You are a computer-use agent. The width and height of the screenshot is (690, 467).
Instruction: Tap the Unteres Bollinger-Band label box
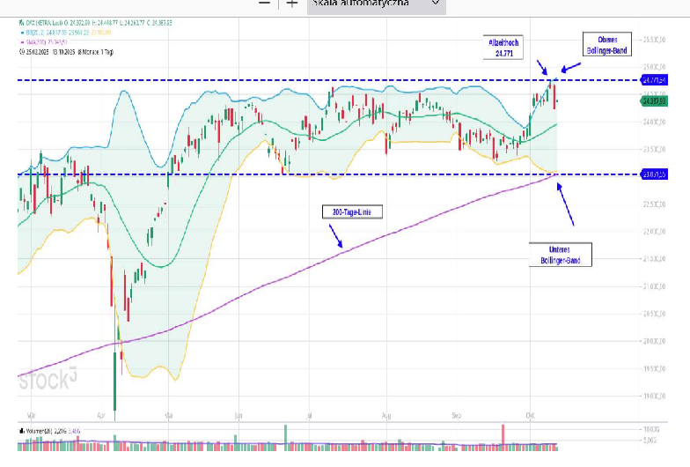(x=561, y=255)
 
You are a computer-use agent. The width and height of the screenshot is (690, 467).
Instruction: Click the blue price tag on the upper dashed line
(x=657, y=80)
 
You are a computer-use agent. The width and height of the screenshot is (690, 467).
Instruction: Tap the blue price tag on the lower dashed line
(x=657, y=174)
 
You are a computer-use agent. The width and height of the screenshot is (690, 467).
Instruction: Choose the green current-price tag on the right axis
(x=657, y=100)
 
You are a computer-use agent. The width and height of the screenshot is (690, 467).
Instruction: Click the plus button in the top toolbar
(x=291, y=4)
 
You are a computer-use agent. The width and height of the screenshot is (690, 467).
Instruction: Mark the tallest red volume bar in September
(x=502, y=435)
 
